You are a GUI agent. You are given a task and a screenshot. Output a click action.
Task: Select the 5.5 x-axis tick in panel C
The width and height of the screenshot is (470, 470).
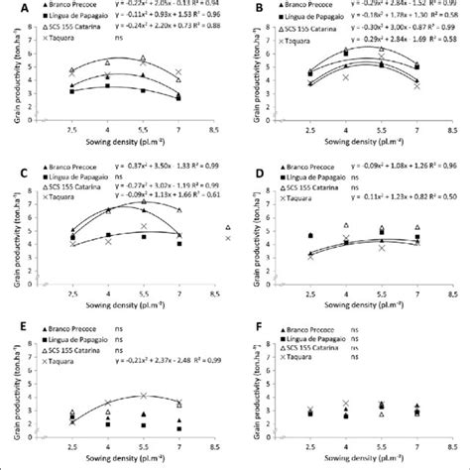[143, 292]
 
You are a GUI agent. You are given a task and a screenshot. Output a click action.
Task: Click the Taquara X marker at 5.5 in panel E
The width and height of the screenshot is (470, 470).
[143, 396]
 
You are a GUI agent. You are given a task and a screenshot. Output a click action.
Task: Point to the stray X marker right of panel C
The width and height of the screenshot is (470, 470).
[227, 238]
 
